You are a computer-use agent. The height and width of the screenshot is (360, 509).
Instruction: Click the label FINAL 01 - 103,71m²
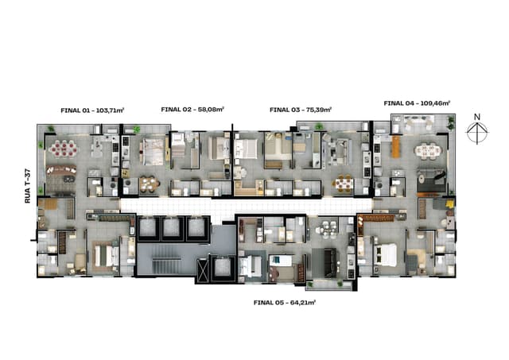click(x=92, y=110)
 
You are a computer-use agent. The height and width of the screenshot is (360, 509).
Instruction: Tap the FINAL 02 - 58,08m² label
click(x=192, y=110)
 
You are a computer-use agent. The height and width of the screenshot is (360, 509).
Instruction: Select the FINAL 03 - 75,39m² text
click(x=301, y=110)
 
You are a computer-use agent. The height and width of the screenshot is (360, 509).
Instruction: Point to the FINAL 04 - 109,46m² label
click(x=417, y=103)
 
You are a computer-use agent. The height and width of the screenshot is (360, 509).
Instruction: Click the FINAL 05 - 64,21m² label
click(x=285, y=303)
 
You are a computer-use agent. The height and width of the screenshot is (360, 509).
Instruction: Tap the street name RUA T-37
click(x=28, y=187)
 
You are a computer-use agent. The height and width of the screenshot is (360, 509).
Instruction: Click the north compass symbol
click(x=477, y=129)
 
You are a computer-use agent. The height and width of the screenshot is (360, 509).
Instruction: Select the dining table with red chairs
click(x=64, y=149)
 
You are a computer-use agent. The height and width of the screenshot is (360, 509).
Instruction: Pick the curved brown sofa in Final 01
click(x=61, y=169)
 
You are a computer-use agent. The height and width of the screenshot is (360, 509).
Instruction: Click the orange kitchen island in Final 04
click(x=396, y=147)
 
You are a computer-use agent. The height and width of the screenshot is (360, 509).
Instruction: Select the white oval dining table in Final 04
click(x=428, y=152)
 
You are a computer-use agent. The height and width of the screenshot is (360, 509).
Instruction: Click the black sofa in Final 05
click(x=330, y=263)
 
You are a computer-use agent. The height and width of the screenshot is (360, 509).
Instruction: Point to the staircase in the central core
click(x=167, y=265)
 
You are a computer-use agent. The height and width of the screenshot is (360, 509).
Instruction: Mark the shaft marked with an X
click(x=202, y=270)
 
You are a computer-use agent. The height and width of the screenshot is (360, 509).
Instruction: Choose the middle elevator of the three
click(x=172, y=227)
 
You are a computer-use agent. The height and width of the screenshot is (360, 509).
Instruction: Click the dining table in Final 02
click(x=150, y=184)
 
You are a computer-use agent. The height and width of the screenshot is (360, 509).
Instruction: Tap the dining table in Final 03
click(x=343, y=184)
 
